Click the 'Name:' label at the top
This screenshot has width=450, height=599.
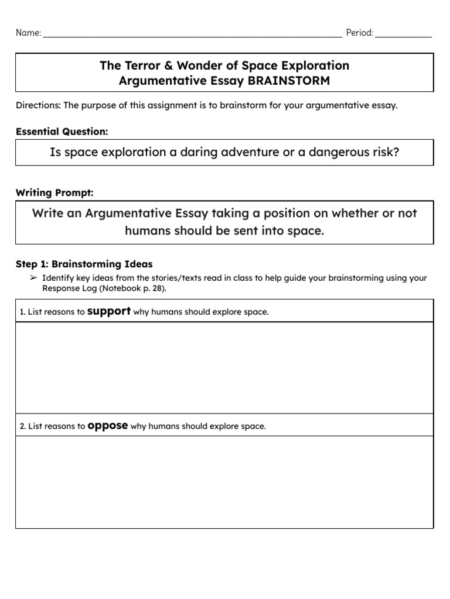(x=28, y=33)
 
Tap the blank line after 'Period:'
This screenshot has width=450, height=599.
(x=403, y=35)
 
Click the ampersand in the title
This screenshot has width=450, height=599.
(x=170, y=66)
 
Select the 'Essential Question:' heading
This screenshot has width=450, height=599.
(x=62, y=132)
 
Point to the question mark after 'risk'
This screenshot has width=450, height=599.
(x=396, y=152)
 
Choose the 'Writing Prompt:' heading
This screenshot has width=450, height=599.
(x=54, y=192)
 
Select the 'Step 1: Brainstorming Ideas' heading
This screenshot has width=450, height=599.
(x=84, y=264)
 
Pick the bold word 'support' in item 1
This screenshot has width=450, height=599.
(x=108, y=311)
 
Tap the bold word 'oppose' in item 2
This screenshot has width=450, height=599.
(x=107, y=426)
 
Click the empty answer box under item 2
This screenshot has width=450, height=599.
(x=224, y=482)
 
